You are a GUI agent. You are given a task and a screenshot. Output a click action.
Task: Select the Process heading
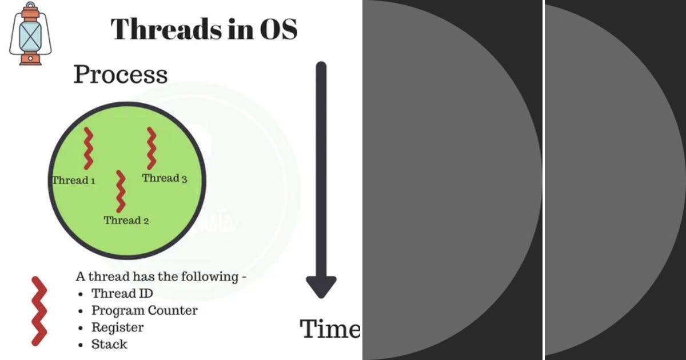[x=121, y=74]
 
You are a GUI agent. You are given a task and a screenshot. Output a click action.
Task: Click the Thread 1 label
[x=74, y=181]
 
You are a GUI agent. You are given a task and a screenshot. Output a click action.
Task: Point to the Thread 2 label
[x=126, y=221]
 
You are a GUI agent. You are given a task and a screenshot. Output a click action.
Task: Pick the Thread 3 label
[x=165, y=178]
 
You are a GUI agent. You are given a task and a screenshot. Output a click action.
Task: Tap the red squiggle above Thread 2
[x=121, y=191]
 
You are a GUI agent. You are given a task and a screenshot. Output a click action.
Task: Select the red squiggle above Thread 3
[x=151, y=147]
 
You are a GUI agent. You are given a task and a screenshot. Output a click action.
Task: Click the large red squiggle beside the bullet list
[x=39, y=311]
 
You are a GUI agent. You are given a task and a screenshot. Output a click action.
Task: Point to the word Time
[x=330, y=329]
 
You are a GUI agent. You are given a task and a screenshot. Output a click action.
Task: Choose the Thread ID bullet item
[x=122, y=294]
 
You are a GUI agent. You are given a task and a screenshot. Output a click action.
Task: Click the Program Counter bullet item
[x=144, y=311]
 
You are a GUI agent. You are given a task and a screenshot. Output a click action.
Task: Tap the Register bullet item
[x=117, y=327]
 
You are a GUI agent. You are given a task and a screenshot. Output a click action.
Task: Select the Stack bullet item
[x=109, y=344]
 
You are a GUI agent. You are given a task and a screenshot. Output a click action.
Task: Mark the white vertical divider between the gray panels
[x=544, y=180]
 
